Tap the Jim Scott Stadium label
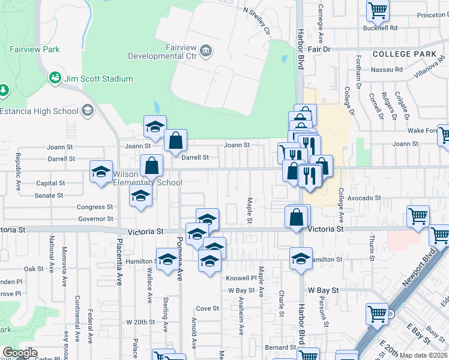99,79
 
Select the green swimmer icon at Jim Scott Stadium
55,78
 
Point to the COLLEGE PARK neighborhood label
404,54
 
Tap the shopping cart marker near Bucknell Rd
378,10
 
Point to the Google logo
20,353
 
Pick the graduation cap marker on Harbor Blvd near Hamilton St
300,259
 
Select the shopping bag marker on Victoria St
297,217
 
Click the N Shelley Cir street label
258,20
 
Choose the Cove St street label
207,308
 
